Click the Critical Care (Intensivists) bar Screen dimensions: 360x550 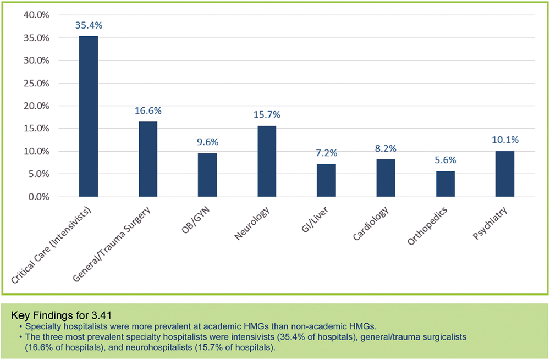point(89,116)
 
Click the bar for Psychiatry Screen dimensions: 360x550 point(504,174)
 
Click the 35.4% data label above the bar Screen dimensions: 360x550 point(89,25)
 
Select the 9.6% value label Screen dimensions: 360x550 point(207,142)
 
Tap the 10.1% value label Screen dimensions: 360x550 point(504,140)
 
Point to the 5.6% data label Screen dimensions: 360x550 point(445,160)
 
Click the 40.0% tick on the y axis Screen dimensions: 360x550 point(36,15)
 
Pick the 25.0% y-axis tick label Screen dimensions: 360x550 point(36,83)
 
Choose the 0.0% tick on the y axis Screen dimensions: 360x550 point(38,197)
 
